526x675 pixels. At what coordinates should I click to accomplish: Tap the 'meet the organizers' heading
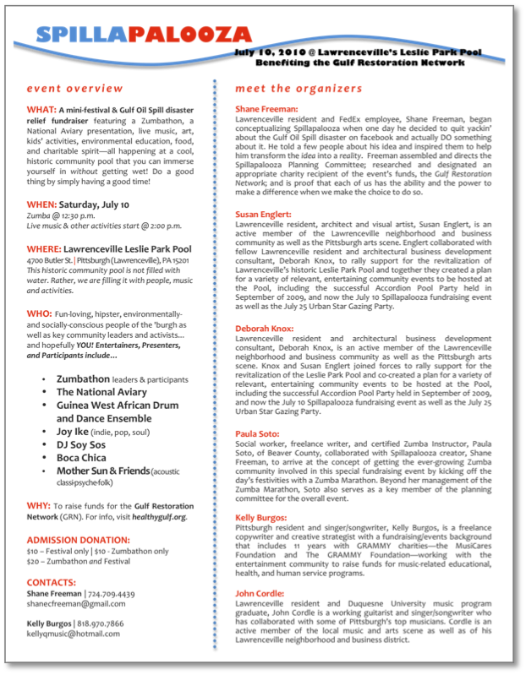coord(299,88)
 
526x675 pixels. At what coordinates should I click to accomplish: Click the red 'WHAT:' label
coord(41,110)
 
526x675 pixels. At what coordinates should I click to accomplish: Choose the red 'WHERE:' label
coord(44,249)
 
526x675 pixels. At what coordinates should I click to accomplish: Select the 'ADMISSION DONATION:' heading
coord(79,540)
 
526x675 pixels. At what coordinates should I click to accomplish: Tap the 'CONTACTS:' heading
coord(52,583)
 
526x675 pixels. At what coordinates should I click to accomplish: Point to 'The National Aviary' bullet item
coord(101,392)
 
